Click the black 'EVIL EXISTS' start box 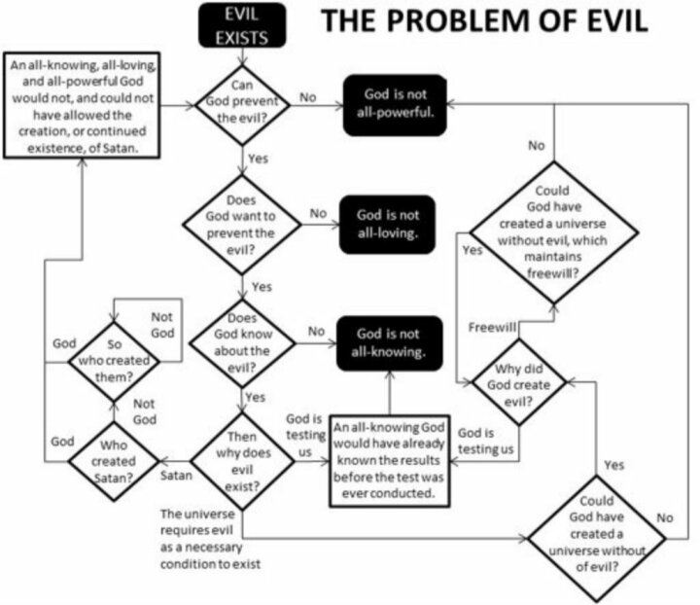coord(242,25)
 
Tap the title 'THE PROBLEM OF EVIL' coord(484,21)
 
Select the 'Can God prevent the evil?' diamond coord(242,105)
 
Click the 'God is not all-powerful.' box coord(395,105)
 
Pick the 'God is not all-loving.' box coord(388,224)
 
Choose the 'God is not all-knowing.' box coord(389,343)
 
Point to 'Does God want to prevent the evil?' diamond coord(242,224)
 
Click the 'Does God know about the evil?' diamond coord(242,343)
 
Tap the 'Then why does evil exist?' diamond coord(242,462)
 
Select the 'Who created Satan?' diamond coord(114,461)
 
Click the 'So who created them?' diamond coord(114,361)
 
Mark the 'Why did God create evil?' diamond coord(519,382)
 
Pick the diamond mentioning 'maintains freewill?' coord(554,232)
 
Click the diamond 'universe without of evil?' coord(596,538)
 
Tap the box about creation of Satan coord(82,105)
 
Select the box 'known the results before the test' coord(389,461)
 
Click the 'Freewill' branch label coord(492,327)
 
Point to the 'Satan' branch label coord(176,476)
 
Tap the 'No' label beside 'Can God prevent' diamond coord(307,97)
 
